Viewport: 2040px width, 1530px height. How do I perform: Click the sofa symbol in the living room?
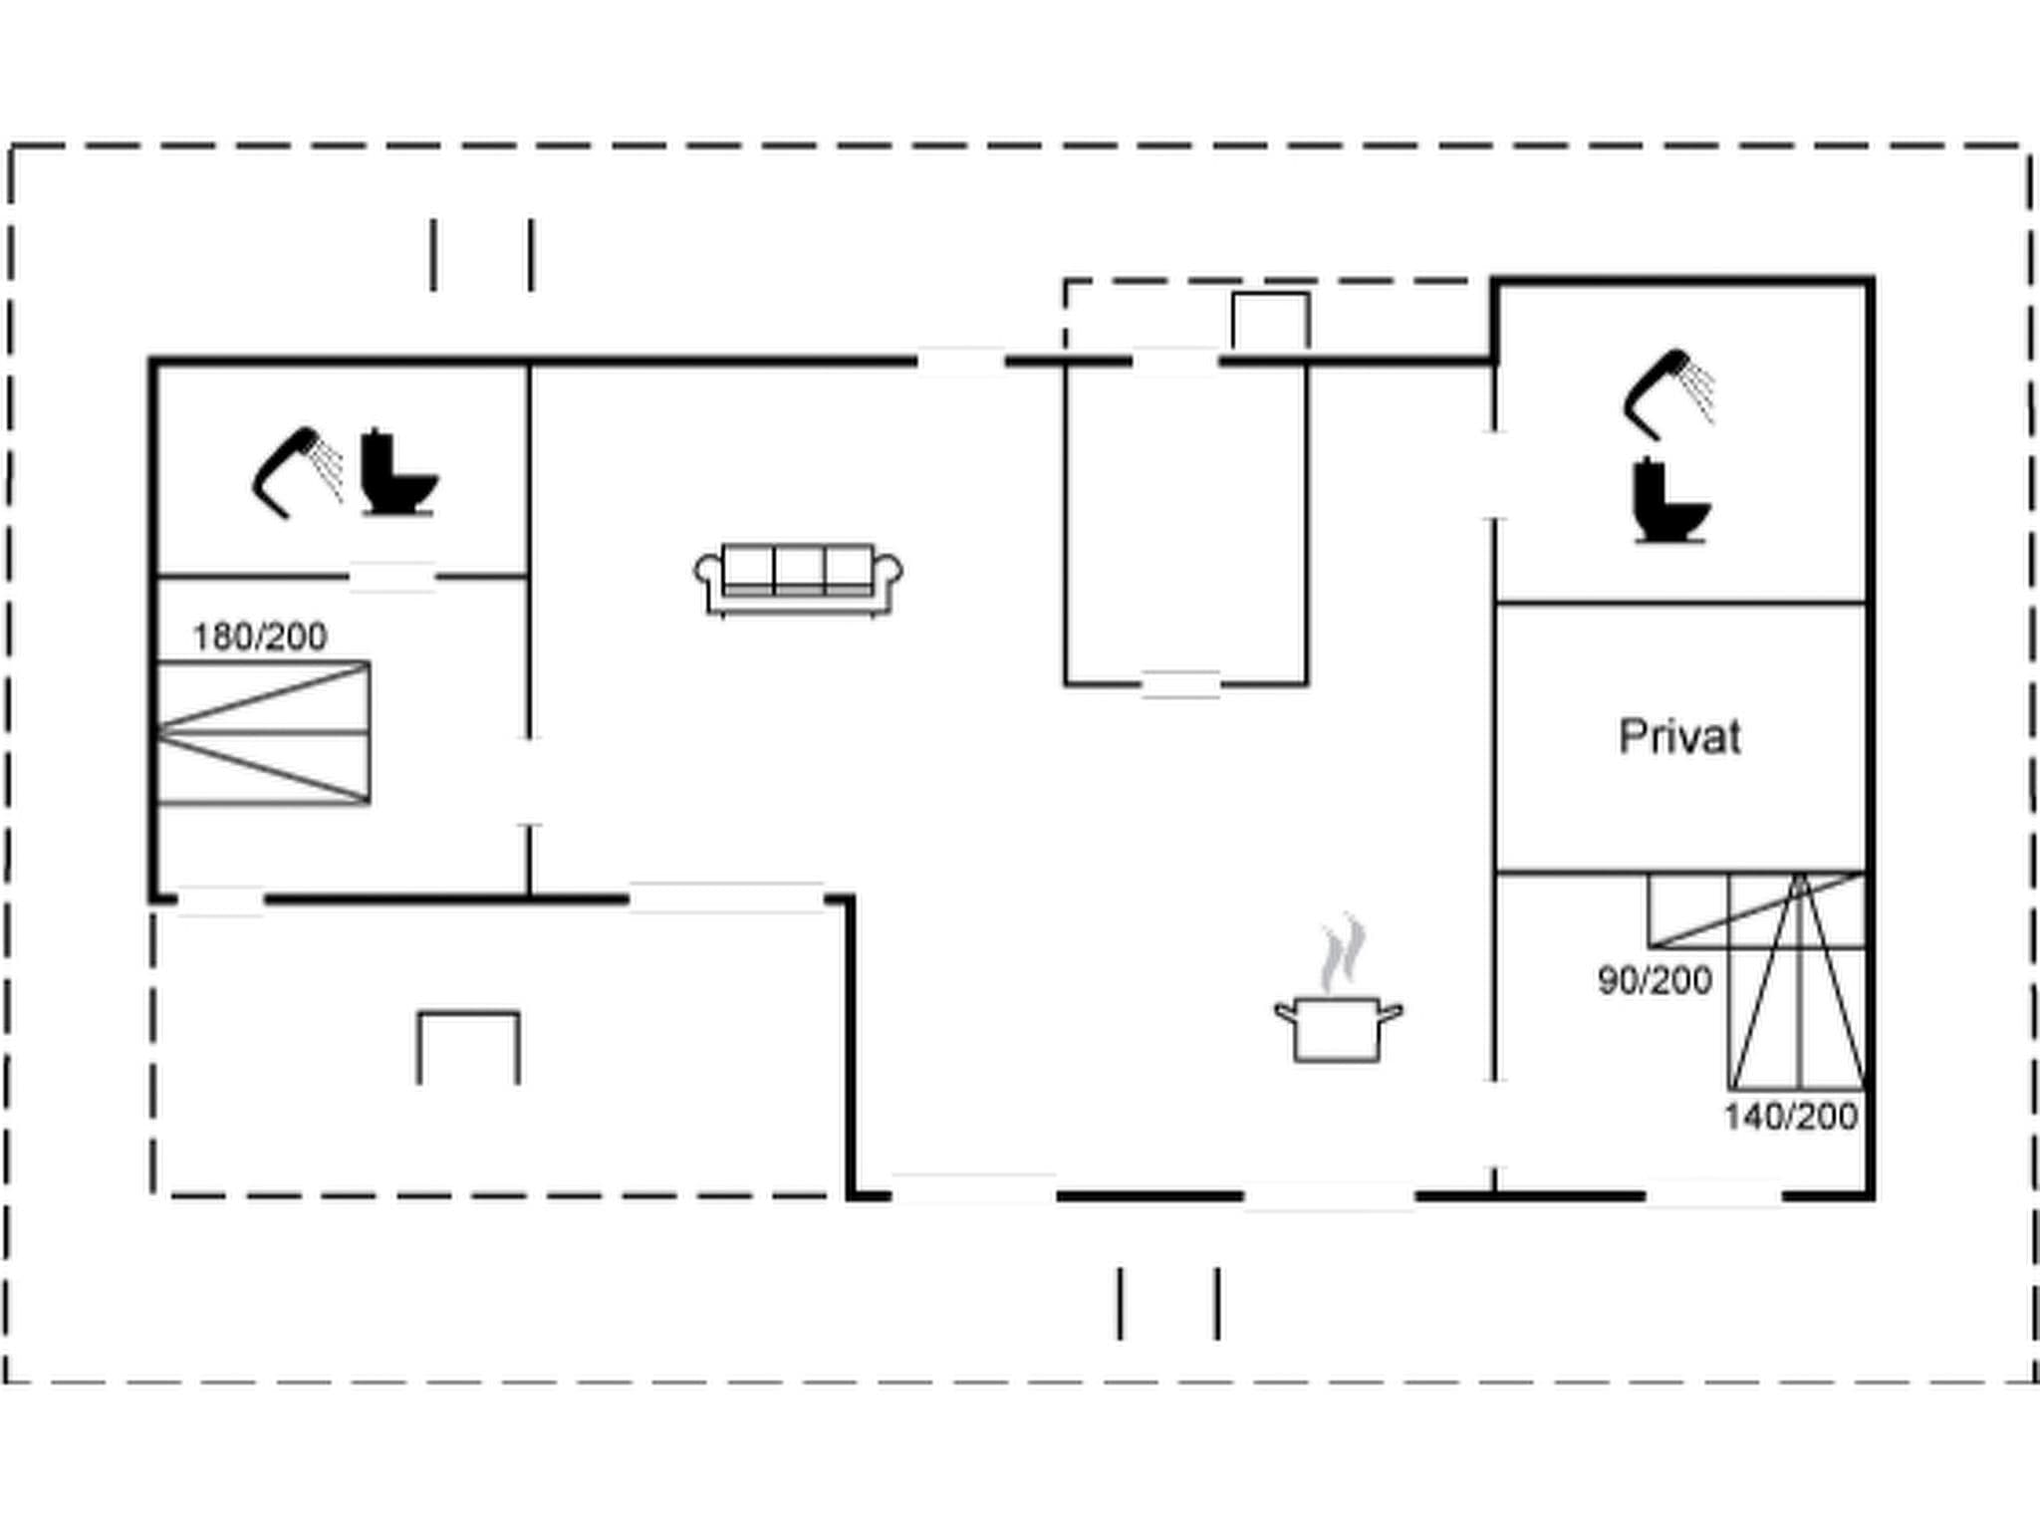coord(799,580)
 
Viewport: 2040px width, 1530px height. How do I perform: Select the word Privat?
coord(1679,737)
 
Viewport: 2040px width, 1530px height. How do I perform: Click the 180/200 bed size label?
coord(259,637)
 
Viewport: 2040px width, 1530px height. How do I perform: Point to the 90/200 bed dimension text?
coord(1655,981)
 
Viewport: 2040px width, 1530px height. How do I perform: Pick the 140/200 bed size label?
coord(1791,1117)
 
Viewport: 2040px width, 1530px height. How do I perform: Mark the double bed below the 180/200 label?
coord(264,732)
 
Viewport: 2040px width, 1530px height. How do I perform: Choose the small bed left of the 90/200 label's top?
coord(1755,909)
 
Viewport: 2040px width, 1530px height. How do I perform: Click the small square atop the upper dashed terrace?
coord(1270,320)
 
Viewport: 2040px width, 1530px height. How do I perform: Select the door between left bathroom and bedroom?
coord(392,577)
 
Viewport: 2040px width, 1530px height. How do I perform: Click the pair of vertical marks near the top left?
coord(482,255)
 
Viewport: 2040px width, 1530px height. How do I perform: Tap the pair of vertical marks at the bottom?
coord(1168,1303)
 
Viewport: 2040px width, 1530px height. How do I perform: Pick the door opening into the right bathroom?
coord(1494,475)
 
